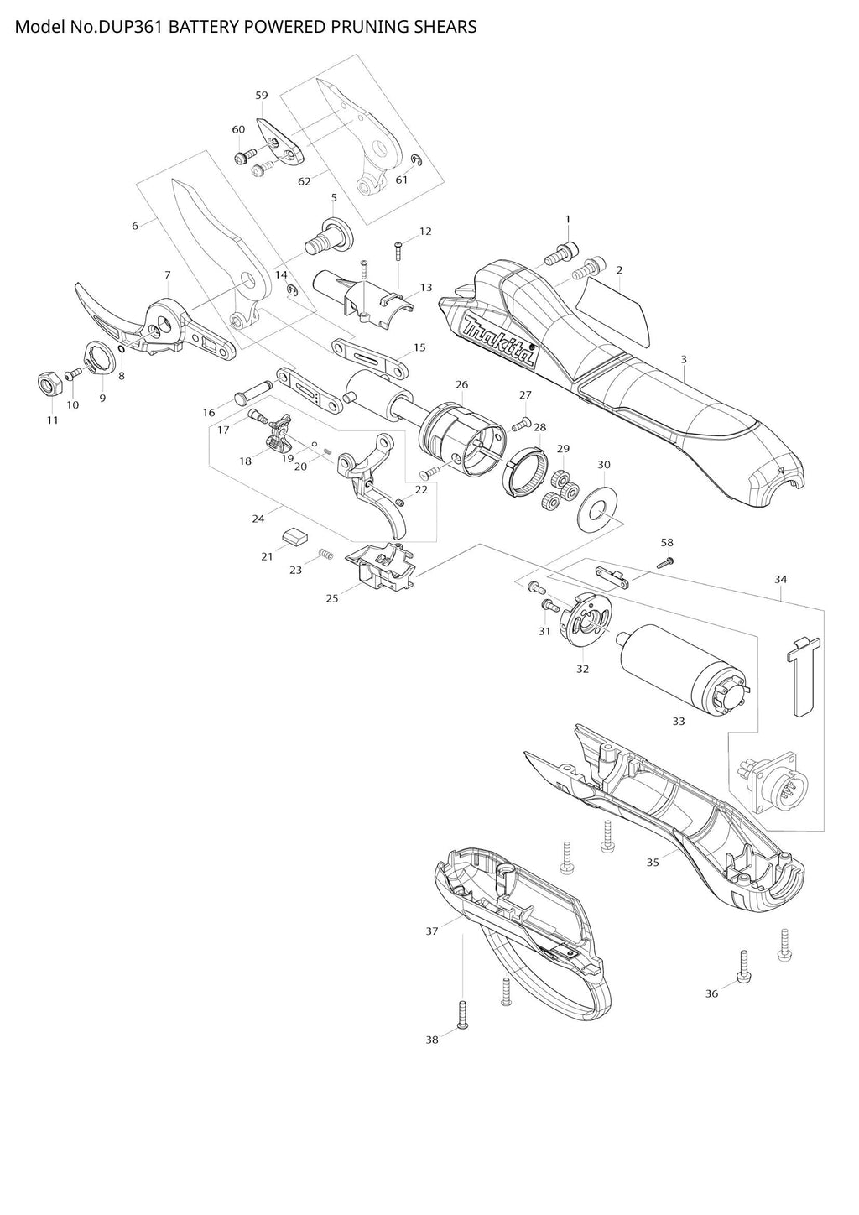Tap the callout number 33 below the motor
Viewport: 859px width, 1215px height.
click(x=678, y=721)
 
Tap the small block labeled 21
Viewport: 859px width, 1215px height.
click(x=295, y=534)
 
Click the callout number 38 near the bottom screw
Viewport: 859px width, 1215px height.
click(x=431, y=1040)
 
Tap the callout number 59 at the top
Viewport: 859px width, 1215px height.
click(x=262, y=96)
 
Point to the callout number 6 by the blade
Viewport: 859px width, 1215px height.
click(x=134, y=225)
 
